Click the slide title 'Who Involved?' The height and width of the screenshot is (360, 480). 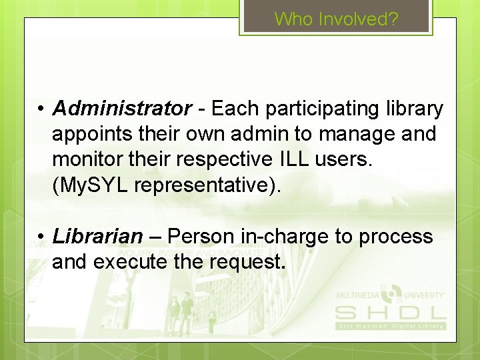pyautogui.click(x=336, y=19)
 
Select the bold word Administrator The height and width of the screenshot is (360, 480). pyautogui.click(x=121, y=107)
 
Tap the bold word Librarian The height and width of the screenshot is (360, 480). pyautogui.click(x=97, y=236)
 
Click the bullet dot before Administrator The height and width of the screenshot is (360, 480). pyautogui.click(x=41, y=109)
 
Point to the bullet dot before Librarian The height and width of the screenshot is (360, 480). pyautogui.click(x=41, y=237)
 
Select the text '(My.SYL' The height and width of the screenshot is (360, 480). pyautogui.click(x=90, y=186)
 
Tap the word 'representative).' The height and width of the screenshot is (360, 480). pyautogui.click(x=208, y=186)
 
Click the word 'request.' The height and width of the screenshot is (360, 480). pyautogui.click(x=247, y=262)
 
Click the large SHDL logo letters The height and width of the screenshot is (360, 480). pyautogui.click(x=390, y=312)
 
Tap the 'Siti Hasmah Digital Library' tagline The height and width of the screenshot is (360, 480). pyautogui.click(x=390, y=325)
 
